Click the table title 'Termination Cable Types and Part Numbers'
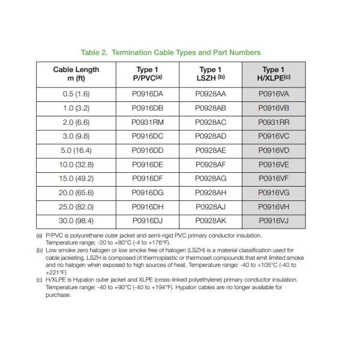(x=179, y=53)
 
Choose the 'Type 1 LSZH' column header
(x=211, y=74)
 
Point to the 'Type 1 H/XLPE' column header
(x=274, y=74)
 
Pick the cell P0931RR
(x=274, y=122)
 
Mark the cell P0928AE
(x=211, y=150)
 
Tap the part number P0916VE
(x=274, y=164)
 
